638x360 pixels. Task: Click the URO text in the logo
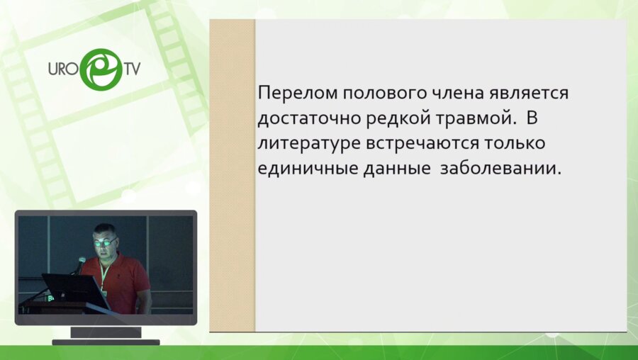(x=62, y=72)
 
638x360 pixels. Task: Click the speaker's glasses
(x=105, y=242)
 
